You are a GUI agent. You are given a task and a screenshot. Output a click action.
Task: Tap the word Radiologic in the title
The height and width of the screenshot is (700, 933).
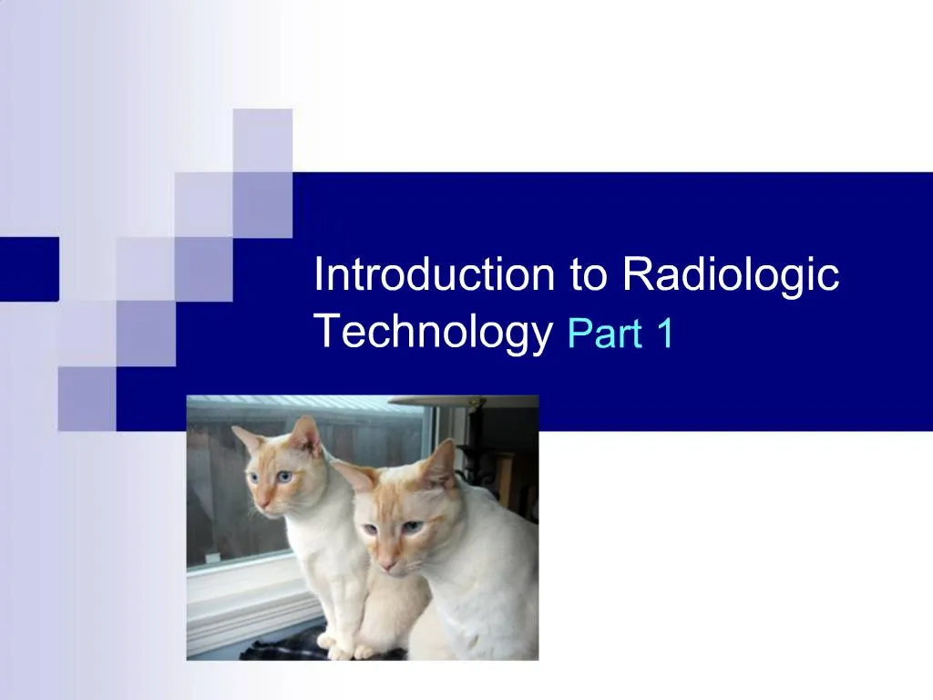(731, 274)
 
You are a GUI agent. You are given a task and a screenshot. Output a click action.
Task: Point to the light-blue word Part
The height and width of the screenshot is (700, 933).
(602, 335)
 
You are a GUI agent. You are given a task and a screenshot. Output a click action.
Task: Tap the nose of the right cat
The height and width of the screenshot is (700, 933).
(386, 564)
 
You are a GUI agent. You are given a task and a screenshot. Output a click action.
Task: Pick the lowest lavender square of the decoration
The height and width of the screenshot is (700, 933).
(87, 398)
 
